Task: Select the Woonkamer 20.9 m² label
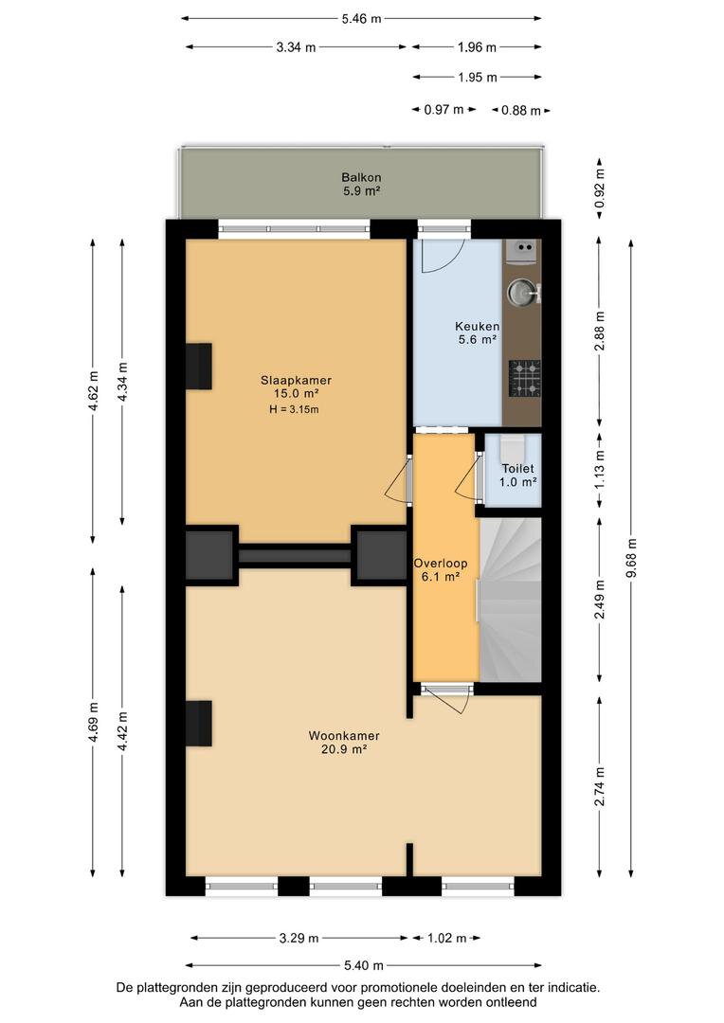[x=344, y=743]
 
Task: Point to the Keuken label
[x=478, y=326]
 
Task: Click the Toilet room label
[x=517, y=469]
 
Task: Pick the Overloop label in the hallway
[x=440, y=563]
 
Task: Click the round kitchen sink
[x=521, y=293]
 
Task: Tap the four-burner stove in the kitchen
[x=525, y=378]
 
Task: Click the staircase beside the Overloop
[x=511, y=600]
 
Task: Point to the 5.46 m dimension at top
[x=361, y=19]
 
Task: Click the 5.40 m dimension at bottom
[x=363, y=965]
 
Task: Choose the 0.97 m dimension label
[x=443, y=110]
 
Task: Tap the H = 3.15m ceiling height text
[x=294, y=410]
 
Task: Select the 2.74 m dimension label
[x=599, y=786]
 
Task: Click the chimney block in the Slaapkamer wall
[x=199, y=367]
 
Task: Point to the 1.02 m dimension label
[x=446, y=938]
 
